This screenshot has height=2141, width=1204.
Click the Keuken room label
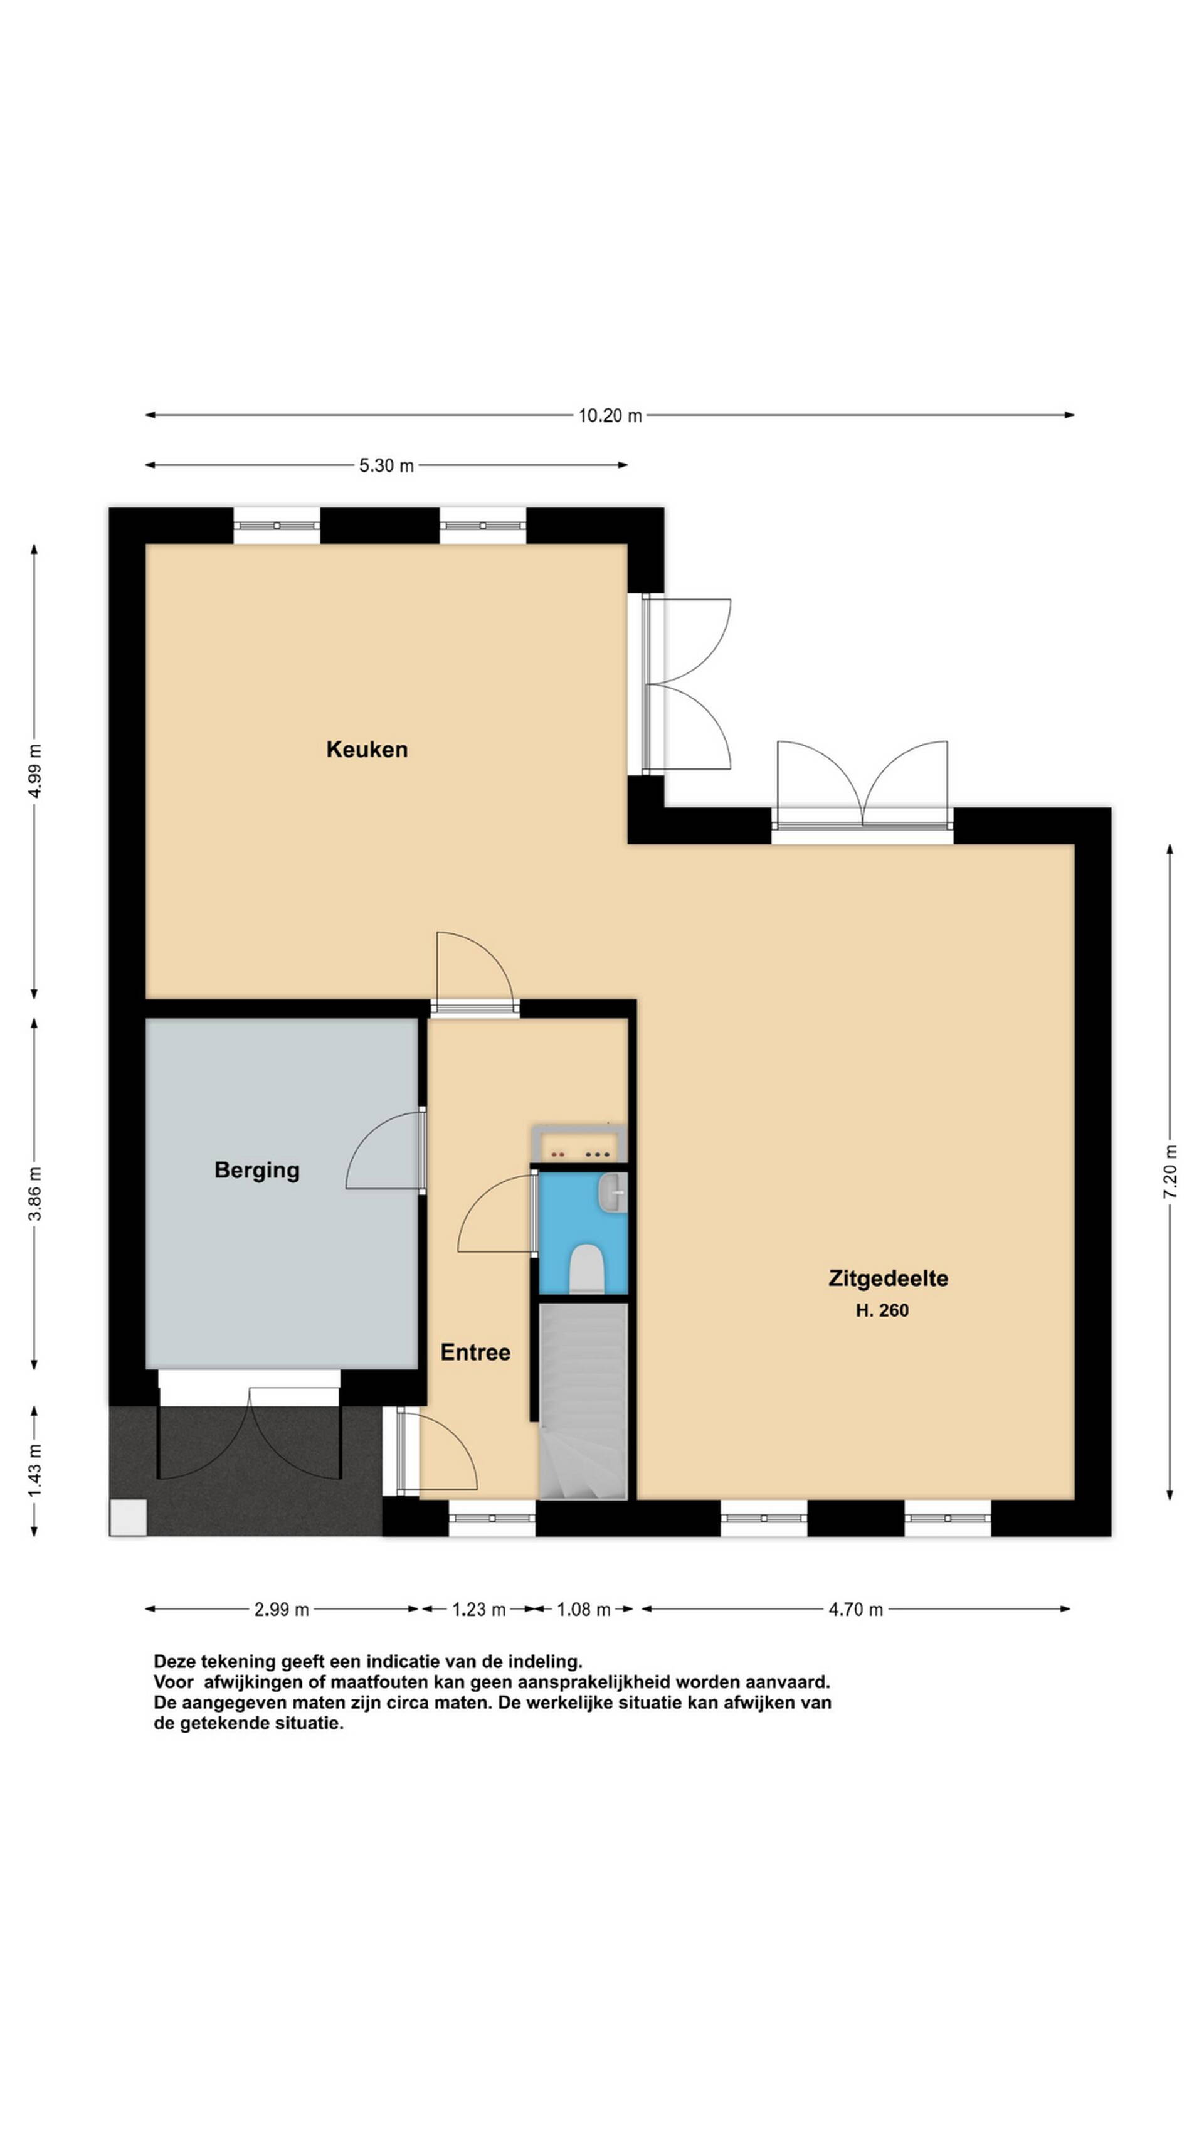pos(366,749)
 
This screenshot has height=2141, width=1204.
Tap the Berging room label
pos(256,1170)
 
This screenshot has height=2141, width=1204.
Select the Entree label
pos(475,1352)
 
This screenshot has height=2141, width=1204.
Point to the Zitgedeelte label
pos(888,1279)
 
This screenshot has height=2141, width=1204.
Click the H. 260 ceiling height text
pos(882,1310)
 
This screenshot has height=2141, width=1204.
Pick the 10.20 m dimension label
pos(610,415)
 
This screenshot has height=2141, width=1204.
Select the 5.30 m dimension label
pos(386,465)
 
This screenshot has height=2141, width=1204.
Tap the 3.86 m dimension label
pos(35,1194)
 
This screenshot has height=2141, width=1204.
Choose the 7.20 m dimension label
pos(1170,1171)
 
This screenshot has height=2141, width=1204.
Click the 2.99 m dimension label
pos(282,1610)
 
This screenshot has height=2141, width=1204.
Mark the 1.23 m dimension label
pos(478,1610)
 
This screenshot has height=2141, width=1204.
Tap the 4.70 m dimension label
pos(856,1610)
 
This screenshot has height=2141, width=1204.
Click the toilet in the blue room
pos(586,1268)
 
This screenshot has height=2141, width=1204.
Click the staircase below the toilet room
pos(583,1401)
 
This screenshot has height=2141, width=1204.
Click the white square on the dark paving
pos(129,1517)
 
